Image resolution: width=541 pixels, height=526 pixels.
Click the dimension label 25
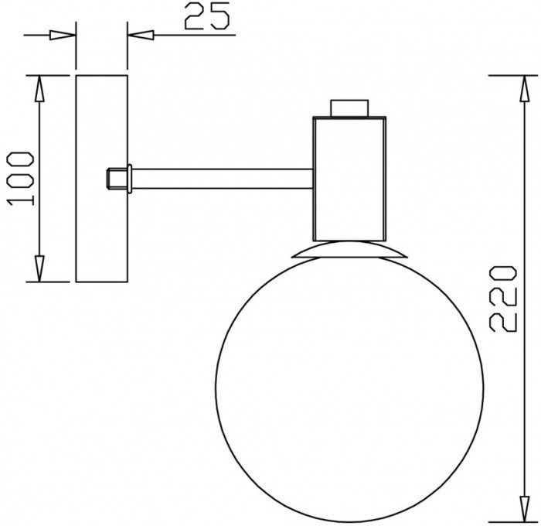206,16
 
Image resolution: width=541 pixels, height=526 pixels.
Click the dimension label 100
21,179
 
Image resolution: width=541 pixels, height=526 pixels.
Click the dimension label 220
503,299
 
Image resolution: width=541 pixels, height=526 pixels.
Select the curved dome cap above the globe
349,250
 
